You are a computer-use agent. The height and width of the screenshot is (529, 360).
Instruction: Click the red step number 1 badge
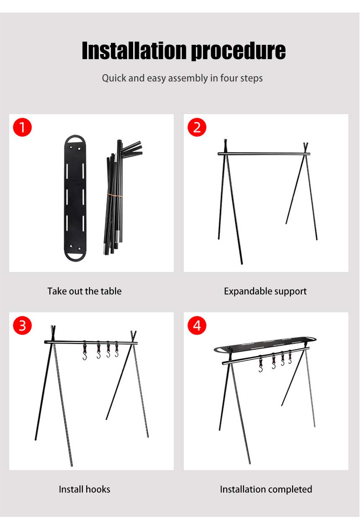(22, 127)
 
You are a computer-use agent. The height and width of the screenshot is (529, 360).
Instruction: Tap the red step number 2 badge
(197, 127)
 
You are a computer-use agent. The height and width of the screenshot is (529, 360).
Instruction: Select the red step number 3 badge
(22, 325)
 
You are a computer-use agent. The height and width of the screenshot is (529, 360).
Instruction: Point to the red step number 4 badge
(197, 325)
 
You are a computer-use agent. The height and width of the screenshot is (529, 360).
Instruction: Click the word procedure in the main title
(238, 51)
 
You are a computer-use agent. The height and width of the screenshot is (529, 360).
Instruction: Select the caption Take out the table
(85, 291)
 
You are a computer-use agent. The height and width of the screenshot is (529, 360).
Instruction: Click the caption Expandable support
(265, 291)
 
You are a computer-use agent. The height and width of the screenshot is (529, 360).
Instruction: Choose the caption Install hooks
(85, 489)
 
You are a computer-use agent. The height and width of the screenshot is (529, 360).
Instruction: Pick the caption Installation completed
(266, 489)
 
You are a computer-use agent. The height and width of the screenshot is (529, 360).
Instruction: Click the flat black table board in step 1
(76, 197)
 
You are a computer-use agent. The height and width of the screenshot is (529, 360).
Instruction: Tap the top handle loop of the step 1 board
(76, 139)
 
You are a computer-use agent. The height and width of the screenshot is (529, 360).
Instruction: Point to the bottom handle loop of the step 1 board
(75, 255)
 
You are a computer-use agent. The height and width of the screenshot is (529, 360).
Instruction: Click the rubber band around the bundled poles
(115, 195)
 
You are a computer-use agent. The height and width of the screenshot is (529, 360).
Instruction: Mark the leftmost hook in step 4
(260, 364)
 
